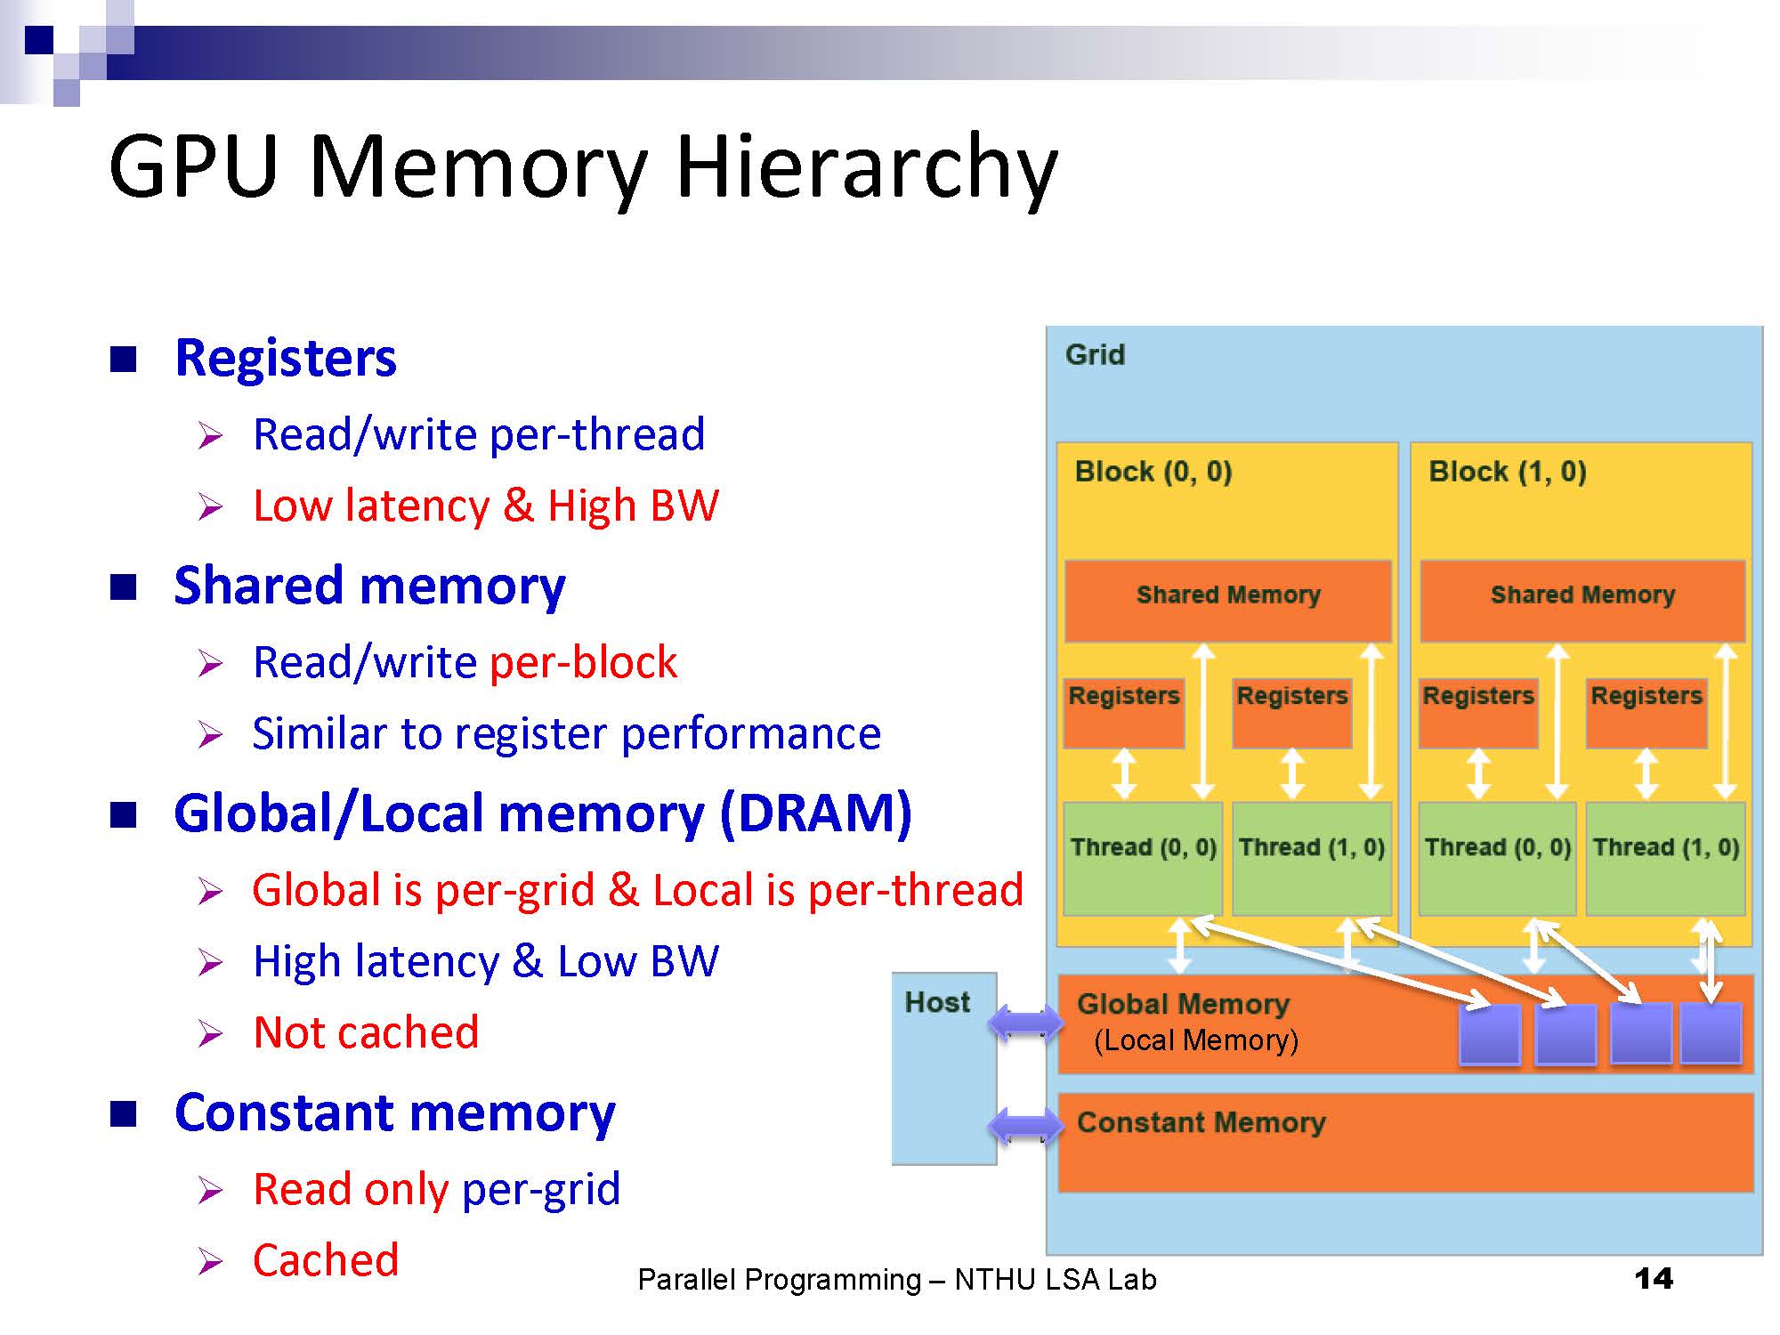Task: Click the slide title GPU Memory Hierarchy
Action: coord(583,167)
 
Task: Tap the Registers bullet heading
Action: coord(286,358)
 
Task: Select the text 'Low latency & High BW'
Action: coord(485,506)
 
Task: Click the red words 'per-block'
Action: coord(583,662)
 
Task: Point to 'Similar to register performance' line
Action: coord(566,733)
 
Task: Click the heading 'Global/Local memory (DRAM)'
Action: coord(543,813)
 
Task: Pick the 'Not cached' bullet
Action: coord(366,1032)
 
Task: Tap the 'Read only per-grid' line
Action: coord(436,1189)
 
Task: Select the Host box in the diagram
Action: coord(943,1068)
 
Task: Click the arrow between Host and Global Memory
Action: coord(1026,1022)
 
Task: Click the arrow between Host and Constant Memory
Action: coord(1026,1126)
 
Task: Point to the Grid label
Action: coord(1095,355)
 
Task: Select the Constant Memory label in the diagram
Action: coord(1201,1122)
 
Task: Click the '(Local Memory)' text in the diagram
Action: coord(1195,1040)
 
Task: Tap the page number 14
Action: coord(1653,1279)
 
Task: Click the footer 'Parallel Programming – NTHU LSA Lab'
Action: coord(896,1280)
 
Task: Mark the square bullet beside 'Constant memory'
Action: coord(124,1114)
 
